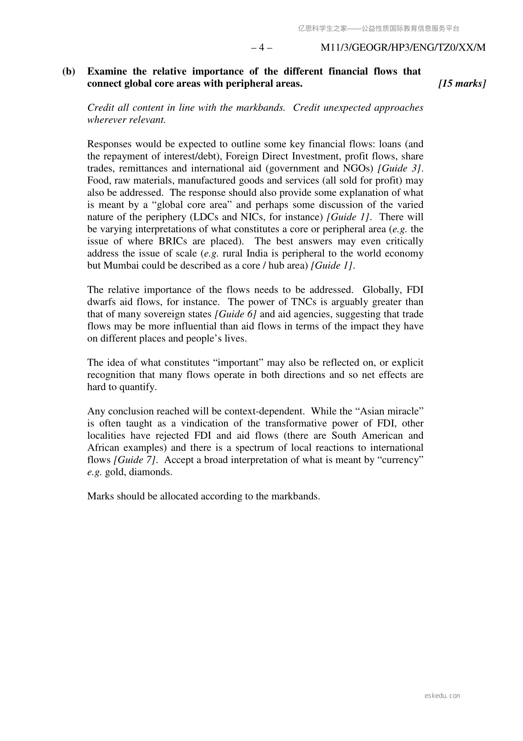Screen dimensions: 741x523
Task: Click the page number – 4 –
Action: (261, 48)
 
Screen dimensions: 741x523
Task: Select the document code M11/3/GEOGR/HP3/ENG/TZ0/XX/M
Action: (403, 48)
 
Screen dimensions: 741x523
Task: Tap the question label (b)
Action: (69, 71)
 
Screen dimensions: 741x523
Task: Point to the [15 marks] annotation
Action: (462, 84)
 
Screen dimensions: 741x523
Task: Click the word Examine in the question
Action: (107, 71)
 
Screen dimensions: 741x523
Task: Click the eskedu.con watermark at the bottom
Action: (442, 696)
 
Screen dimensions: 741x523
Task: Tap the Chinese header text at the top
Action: (378, 29)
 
